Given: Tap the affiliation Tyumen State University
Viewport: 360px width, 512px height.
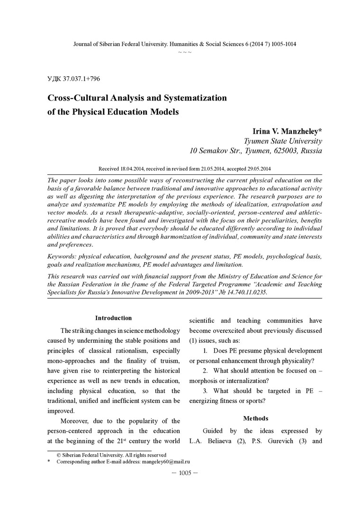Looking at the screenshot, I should click(x=283, y=141).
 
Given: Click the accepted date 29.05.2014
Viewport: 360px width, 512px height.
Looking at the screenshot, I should click(x=253, y=168).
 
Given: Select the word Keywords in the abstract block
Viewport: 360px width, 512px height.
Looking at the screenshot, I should click(x=62, y=256).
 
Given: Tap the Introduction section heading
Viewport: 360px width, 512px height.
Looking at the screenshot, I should click(x=114, y=318).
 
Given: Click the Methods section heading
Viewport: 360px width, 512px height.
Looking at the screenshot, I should click(x=256, y=419).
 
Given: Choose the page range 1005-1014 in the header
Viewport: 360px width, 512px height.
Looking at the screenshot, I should click(x=282, y=44).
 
